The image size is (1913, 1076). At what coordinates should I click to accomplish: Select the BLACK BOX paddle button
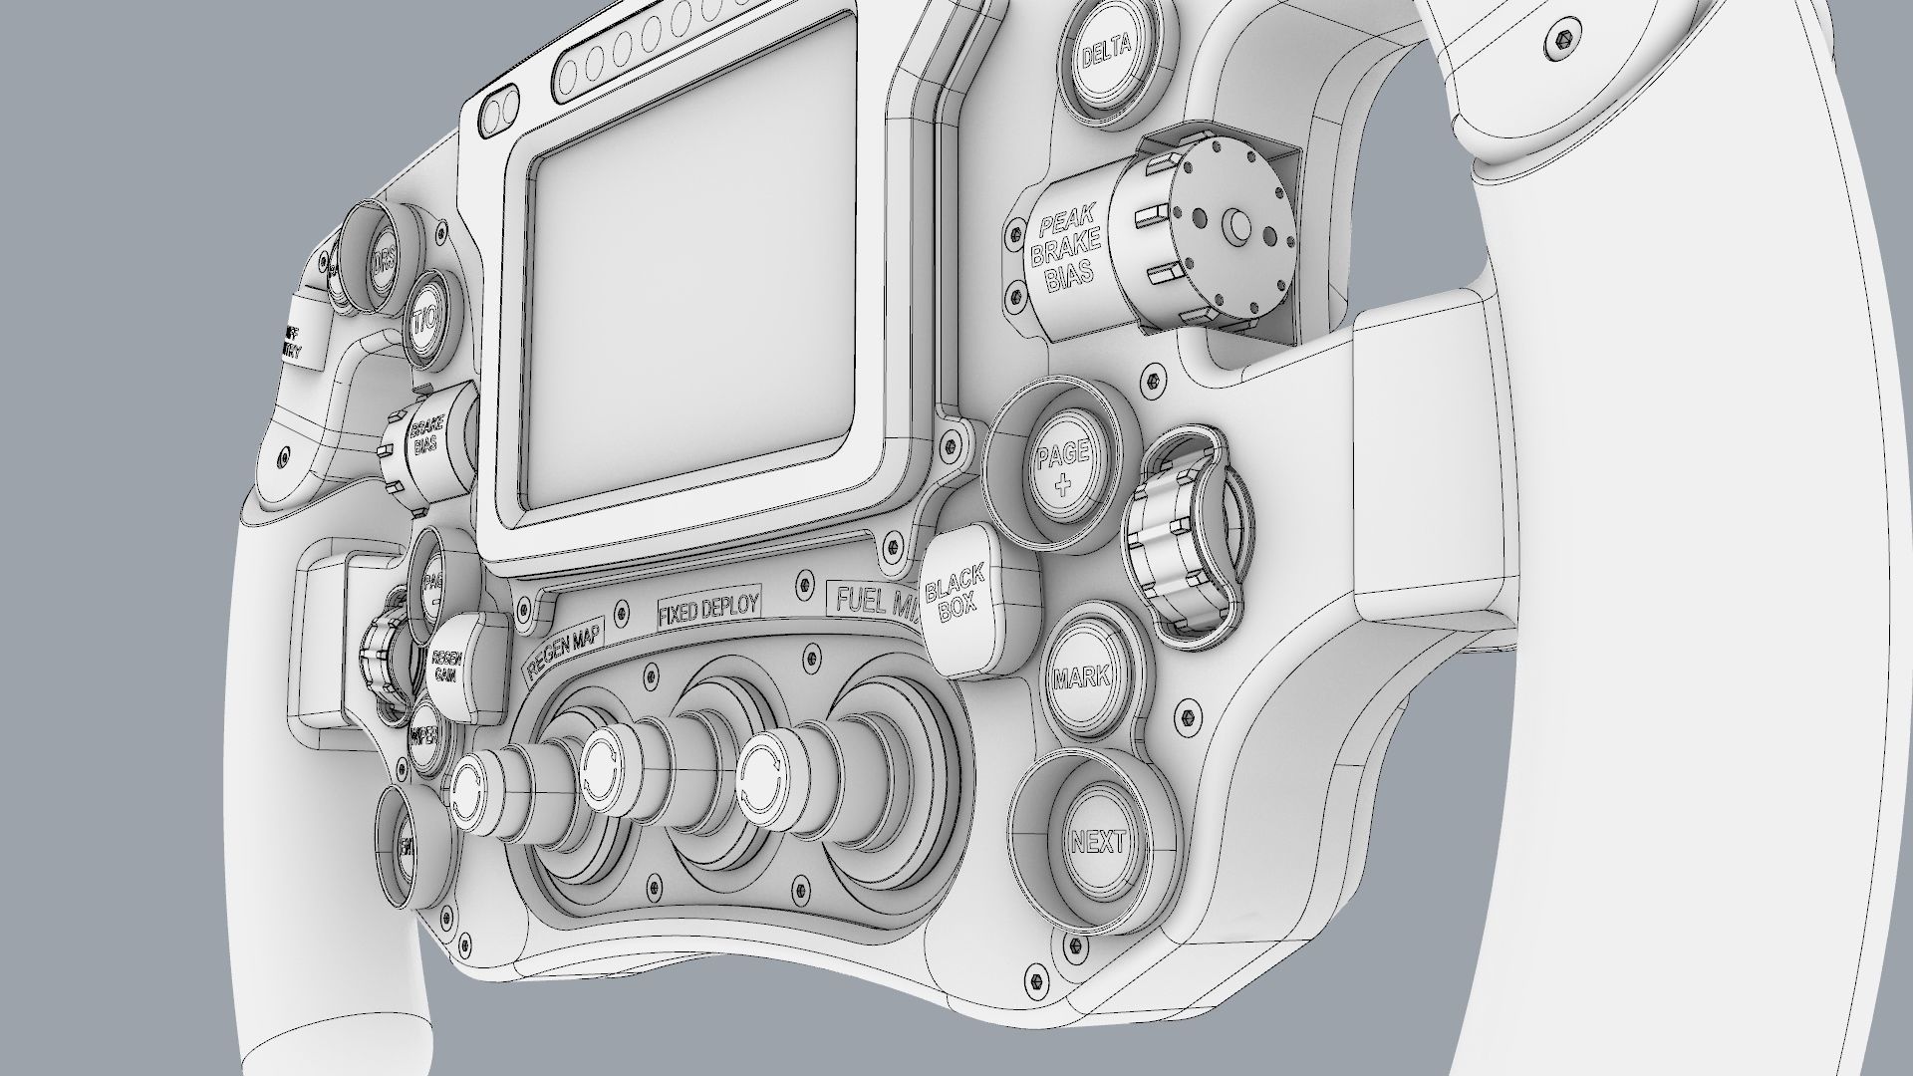tap(957, 599)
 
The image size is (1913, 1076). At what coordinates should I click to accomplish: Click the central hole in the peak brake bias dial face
tap(1238, 226)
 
